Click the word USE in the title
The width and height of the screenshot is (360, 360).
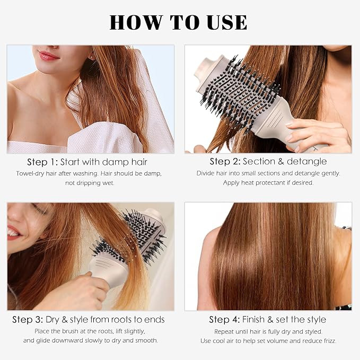[227, 22]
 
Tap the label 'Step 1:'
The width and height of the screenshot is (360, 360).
[42, 162]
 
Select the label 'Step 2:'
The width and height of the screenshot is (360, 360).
[225, 161]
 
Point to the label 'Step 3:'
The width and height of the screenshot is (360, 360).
[28, 320]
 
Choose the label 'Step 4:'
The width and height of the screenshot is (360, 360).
[224, 320]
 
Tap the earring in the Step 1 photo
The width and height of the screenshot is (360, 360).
[92, 57]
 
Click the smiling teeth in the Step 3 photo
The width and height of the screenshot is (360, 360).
[13, 233]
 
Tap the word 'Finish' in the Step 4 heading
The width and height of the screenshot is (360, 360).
[253, 320]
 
